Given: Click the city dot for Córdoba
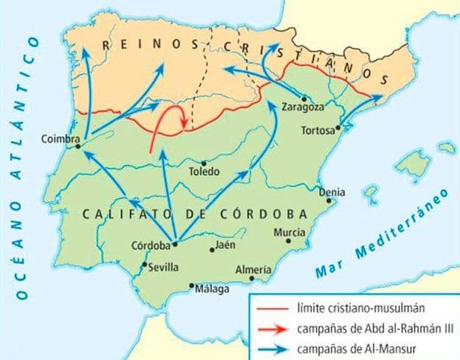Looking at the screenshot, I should pos(175,244).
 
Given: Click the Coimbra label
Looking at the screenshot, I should pos(60,137).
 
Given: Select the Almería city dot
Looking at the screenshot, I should pos(253,280).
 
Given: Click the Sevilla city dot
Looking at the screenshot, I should pos(144,264).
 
